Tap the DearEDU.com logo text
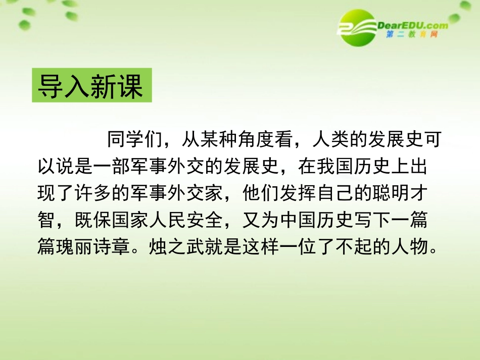(412, 25)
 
